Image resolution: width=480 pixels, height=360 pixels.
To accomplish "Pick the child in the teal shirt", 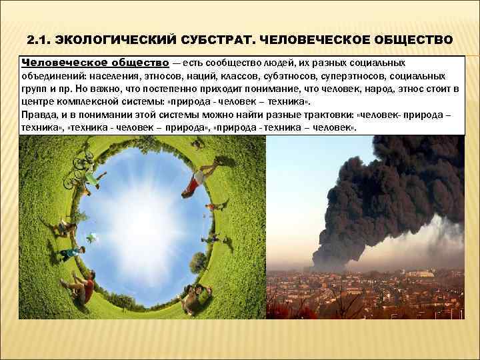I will [x=69, y=254].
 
